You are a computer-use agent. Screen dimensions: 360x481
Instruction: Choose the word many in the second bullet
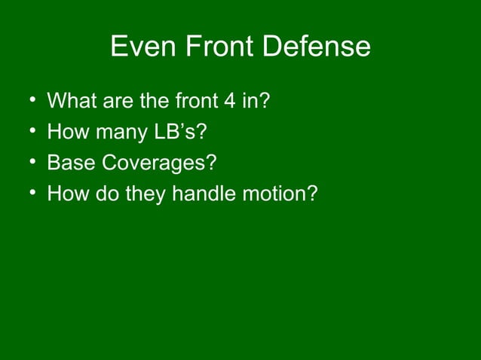tap(114, 133)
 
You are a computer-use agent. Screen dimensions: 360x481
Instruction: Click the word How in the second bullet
tap(65, 133)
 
